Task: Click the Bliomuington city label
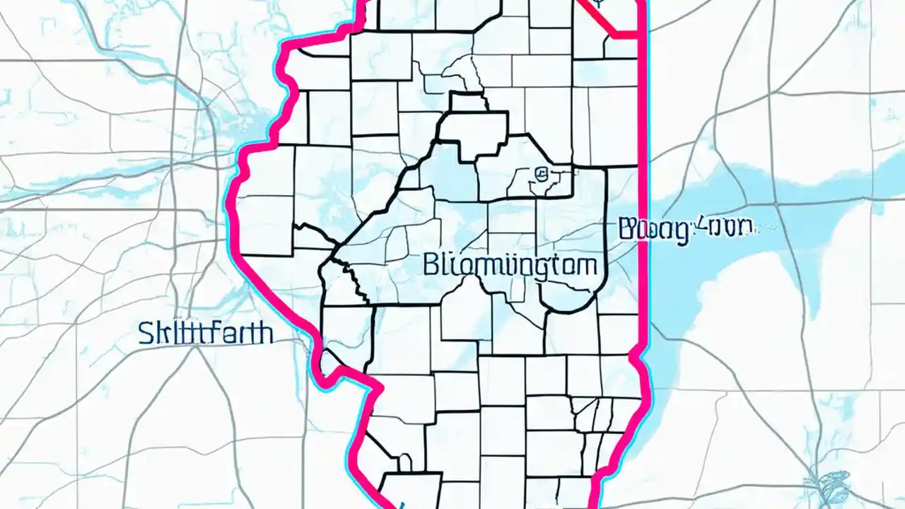(x=510, y=265)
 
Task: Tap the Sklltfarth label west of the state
(x=206, y=333)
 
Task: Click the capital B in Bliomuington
(x=430, y=265)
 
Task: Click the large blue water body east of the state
(x=742, y=212)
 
